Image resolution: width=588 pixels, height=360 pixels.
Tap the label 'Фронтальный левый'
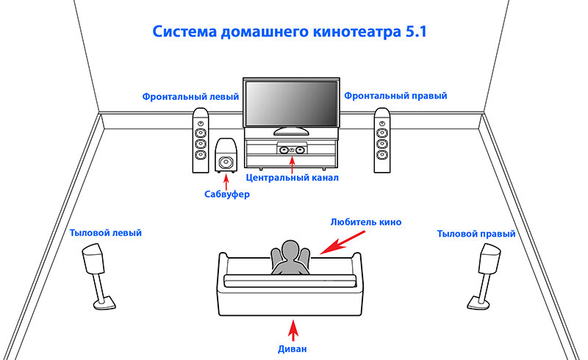pyautogui.click(x=191, y=96)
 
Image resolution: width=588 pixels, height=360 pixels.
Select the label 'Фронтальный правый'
pyautogui.click(x=395, y=96)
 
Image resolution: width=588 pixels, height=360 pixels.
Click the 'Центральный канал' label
pyautogui.click(x=292, y=178)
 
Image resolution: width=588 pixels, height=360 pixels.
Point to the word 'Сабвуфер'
pyautogui.click(x=227, y=195)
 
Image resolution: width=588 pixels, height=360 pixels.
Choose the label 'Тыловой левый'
pyautogui.click(x=105, y=233)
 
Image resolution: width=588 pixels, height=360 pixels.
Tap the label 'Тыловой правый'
pyautogui.click(x=476, y=233)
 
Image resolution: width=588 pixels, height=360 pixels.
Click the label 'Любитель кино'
pyautogui.click(x=366, y=221)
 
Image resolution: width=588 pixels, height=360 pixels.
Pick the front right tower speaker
pyautogui.click(x=381, y=141)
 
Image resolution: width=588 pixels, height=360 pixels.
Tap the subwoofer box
pyautogui.click(x=226, y=156)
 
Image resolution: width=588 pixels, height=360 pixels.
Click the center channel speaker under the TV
pyautogui.click(x=291, y=149)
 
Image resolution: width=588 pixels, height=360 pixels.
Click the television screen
pyautogui.click(x=291, y=104)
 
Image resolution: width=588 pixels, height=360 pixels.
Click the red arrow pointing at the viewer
pyautogui.click(x=340, y=242)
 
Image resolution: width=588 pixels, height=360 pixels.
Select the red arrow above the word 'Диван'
pyautogui.click(x=294, y=329)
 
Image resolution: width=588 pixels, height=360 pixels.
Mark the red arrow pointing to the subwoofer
pyautogui.click(x=227, y=180)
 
